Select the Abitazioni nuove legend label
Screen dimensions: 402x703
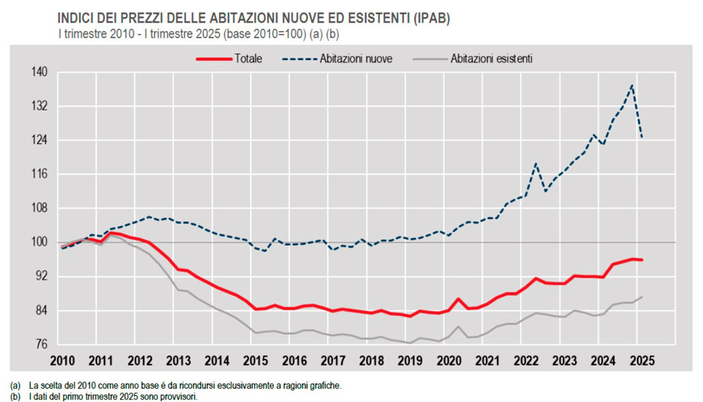356,59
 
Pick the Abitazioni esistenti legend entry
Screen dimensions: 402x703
492,59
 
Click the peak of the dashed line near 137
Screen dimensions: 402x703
632,86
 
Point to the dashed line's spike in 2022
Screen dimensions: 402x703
535,164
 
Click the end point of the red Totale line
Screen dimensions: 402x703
641,260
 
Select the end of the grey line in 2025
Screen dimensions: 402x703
641,297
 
